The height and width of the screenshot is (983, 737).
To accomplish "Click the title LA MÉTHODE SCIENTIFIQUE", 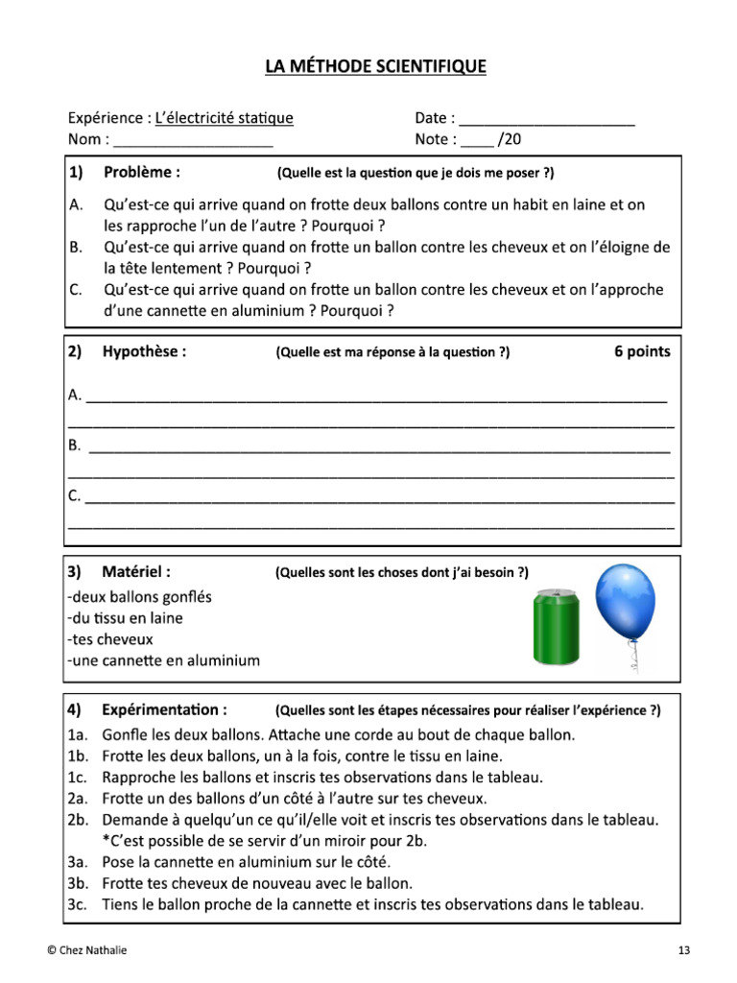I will (x=376, y=66).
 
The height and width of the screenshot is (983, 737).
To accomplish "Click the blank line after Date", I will (x=547, y=123).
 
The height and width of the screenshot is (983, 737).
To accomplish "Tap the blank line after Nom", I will (x=193, y=144).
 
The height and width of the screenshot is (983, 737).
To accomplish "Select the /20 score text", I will (x=510, y=140).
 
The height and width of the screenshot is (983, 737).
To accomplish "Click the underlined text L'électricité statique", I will (x=224, y=118).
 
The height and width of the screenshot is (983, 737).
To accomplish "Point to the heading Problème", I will (x=142, y=173).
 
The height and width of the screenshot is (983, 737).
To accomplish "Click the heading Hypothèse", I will (x=144, y=351).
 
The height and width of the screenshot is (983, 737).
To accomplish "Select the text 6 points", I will (x=642, y=351).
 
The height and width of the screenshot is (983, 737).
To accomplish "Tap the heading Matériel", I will (x=137, y=572).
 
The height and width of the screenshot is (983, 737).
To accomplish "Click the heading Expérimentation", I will (x=165, y=710).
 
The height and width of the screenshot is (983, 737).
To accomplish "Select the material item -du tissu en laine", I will (x=125, y=618).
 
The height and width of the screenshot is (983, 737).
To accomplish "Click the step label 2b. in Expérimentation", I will (x=79, y=820).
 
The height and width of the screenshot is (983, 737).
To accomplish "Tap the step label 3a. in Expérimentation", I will (x=79, y=862).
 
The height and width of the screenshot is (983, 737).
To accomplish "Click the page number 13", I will (x=683, y=950).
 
